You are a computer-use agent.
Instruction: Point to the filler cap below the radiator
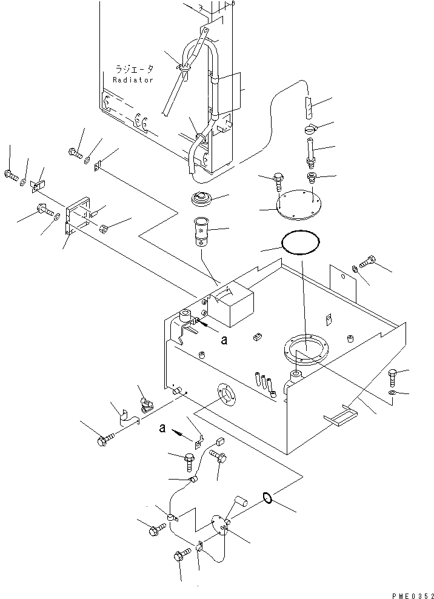[199, 200]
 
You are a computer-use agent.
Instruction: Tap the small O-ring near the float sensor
[267, 498]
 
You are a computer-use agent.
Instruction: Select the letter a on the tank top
[224, 340]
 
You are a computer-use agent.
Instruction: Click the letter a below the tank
[162, 427]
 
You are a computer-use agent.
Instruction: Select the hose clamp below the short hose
[310, 129]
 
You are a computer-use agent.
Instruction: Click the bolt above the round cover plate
[278, 180]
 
